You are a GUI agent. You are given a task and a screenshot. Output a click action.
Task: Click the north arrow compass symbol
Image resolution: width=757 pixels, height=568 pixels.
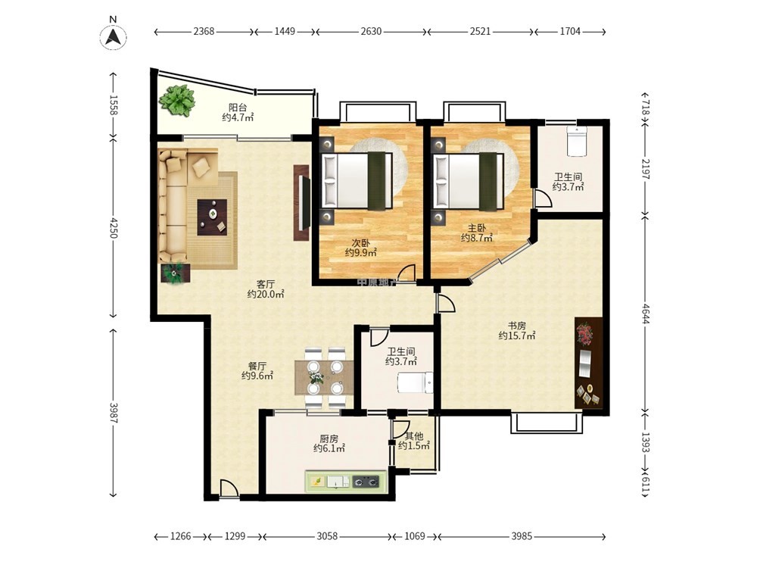(113, 36)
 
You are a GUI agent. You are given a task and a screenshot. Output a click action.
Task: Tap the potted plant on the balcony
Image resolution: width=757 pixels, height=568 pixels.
(178, 101)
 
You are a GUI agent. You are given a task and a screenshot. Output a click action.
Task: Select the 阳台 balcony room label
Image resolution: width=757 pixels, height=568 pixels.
(238, 108)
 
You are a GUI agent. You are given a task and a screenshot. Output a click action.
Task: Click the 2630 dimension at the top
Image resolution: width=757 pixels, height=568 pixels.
(371, 31)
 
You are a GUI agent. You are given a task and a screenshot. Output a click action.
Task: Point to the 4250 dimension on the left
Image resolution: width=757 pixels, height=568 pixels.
(113, 227)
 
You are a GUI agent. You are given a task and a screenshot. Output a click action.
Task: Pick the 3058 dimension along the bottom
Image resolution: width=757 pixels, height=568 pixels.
(327, 536)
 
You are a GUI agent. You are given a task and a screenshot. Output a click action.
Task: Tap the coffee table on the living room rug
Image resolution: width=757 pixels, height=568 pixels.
(212, 217)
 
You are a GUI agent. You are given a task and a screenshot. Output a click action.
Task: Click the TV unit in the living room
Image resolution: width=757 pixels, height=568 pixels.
(302, 203)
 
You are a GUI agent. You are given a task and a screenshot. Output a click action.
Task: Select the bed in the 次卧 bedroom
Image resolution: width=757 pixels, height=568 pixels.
(357, 181)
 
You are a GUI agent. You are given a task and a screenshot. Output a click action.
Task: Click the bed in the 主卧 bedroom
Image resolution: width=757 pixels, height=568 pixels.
(469, 181)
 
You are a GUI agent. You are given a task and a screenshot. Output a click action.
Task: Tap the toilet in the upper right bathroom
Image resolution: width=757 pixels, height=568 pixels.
(576, 141)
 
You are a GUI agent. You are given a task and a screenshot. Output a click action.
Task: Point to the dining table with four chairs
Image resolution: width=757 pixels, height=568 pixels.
(324, 376)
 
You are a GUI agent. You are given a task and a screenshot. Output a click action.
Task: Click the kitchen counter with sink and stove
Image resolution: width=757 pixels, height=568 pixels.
(346, 482)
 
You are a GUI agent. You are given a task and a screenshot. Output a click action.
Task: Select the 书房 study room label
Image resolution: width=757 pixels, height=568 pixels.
(516, 326)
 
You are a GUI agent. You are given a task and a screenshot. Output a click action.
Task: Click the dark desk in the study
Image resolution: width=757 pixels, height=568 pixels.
(588, 364)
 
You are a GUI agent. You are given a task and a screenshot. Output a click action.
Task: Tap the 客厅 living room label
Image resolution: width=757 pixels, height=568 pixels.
(266, 283)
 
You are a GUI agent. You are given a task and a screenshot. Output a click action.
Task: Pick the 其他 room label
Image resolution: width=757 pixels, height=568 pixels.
(414, 436)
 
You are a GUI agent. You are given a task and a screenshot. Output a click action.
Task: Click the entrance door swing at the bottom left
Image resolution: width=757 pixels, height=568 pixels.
(229, 488)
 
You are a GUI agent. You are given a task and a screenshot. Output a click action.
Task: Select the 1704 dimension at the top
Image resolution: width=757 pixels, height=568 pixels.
(570, 31)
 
